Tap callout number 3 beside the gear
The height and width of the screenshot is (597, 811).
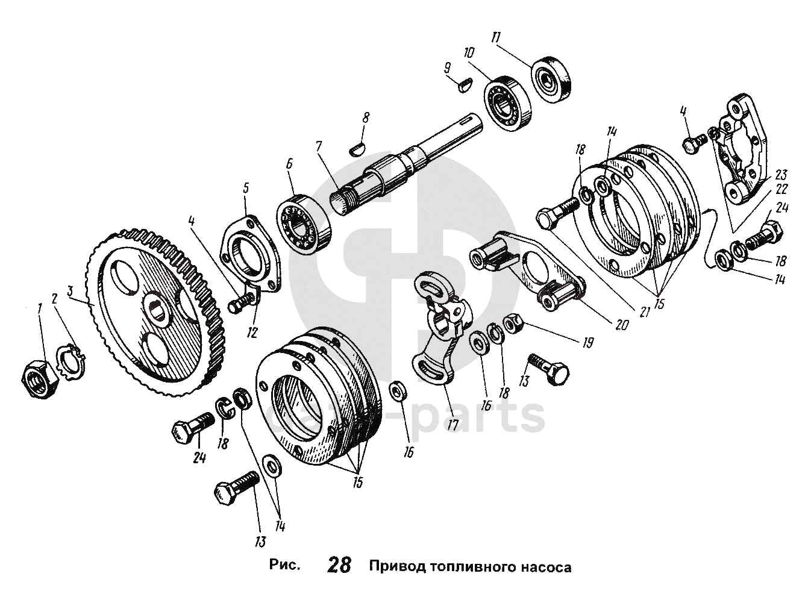[x=70, y=292]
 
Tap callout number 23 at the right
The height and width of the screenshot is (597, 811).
[x=781, y=175]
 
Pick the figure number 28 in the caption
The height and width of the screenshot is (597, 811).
[x=339, y=566]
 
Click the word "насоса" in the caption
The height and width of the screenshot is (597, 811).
[x=542, y=567]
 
